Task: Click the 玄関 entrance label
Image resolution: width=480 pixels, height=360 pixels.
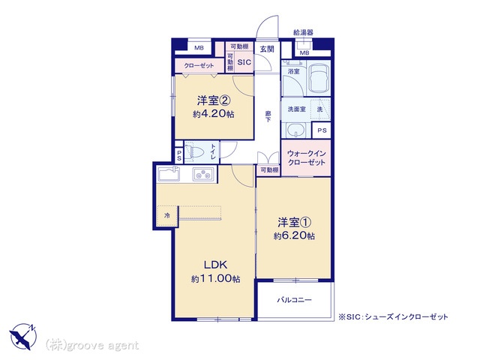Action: (x=267, y=49)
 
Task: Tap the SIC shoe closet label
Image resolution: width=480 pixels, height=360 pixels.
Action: (x=244, y=62)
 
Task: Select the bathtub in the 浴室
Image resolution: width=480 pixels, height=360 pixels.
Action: (x=319, y=78)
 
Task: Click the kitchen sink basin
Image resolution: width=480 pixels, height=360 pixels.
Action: (x=169, y=174)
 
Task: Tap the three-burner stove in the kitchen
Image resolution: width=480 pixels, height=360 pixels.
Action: (x=203, y=174)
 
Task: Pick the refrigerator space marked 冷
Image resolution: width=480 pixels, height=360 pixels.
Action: (x=167, y=216)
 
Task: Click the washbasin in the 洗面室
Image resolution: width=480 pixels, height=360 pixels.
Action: (x=296, y=130)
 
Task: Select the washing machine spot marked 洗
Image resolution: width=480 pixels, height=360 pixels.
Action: (x=320, y=109)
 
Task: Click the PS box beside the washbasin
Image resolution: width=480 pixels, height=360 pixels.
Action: (x=322, y=130)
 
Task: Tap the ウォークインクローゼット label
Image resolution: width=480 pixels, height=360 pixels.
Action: (x=306, y=157)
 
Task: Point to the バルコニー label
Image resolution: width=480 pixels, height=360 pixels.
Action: (x=294, y=300)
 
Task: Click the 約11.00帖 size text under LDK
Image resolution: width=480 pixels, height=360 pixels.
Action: (x=215, y=279)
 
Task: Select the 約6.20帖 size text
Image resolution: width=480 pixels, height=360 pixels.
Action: (x=294, y=235)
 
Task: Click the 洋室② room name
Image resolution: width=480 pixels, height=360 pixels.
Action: (x=214, y=100)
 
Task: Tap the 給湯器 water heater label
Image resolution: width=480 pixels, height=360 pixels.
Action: (x=303, y=32)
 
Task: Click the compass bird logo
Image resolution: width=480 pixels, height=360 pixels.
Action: (x=23, y=336)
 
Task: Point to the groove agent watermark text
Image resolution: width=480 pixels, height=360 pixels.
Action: (x=91, y=346)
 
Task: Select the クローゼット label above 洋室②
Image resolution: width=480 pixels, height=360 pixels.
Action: (x=199, y=66)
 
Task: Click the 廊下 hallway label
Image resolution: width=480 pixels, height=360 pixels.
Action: (x=268, y=117)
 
